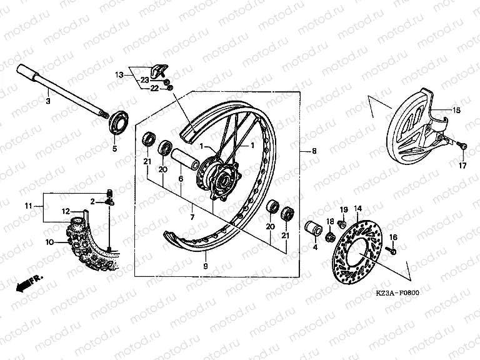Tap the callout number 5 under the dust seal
point(114,149)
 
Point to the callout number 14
point(358,207)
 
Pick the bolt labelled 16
point(391,250)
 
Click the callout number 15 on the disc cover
point(457,111)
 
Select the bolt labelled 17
point(461,146)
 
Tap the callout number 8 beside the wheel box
point(314,151)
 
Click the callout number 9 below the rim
point(204,266)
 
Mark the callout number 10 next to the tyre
point(49,241)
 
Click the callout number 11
point(28,206)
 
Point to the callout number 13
point(119,74)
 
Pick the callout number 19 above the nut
point(343,208)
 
